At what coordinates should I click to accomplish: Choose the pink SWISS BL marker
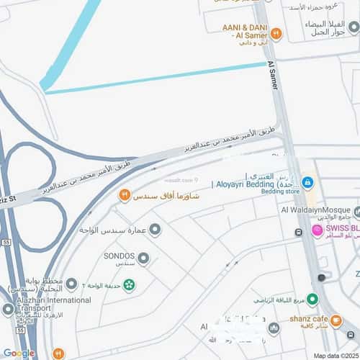point(316,230)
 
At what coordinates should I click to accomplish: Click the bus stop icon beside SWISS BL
point(298,233)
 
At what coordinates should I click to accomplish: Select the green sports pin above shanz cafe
point(312,299)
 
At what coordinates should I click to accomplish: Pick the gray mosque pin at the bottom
point(274,328)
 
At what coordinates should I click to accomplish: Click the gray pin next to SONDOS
point(143,258)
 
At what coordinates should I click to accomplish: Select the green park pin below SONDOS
point(128,284)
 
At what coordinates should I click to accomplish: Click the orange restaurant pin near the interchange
point(125,195)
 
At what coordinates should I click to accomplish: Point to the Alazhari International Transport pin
point(8,310)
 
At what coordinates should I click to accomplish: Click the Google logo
point(19,353)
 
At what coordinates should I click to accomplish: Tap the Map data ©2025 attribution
point(334,354)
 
